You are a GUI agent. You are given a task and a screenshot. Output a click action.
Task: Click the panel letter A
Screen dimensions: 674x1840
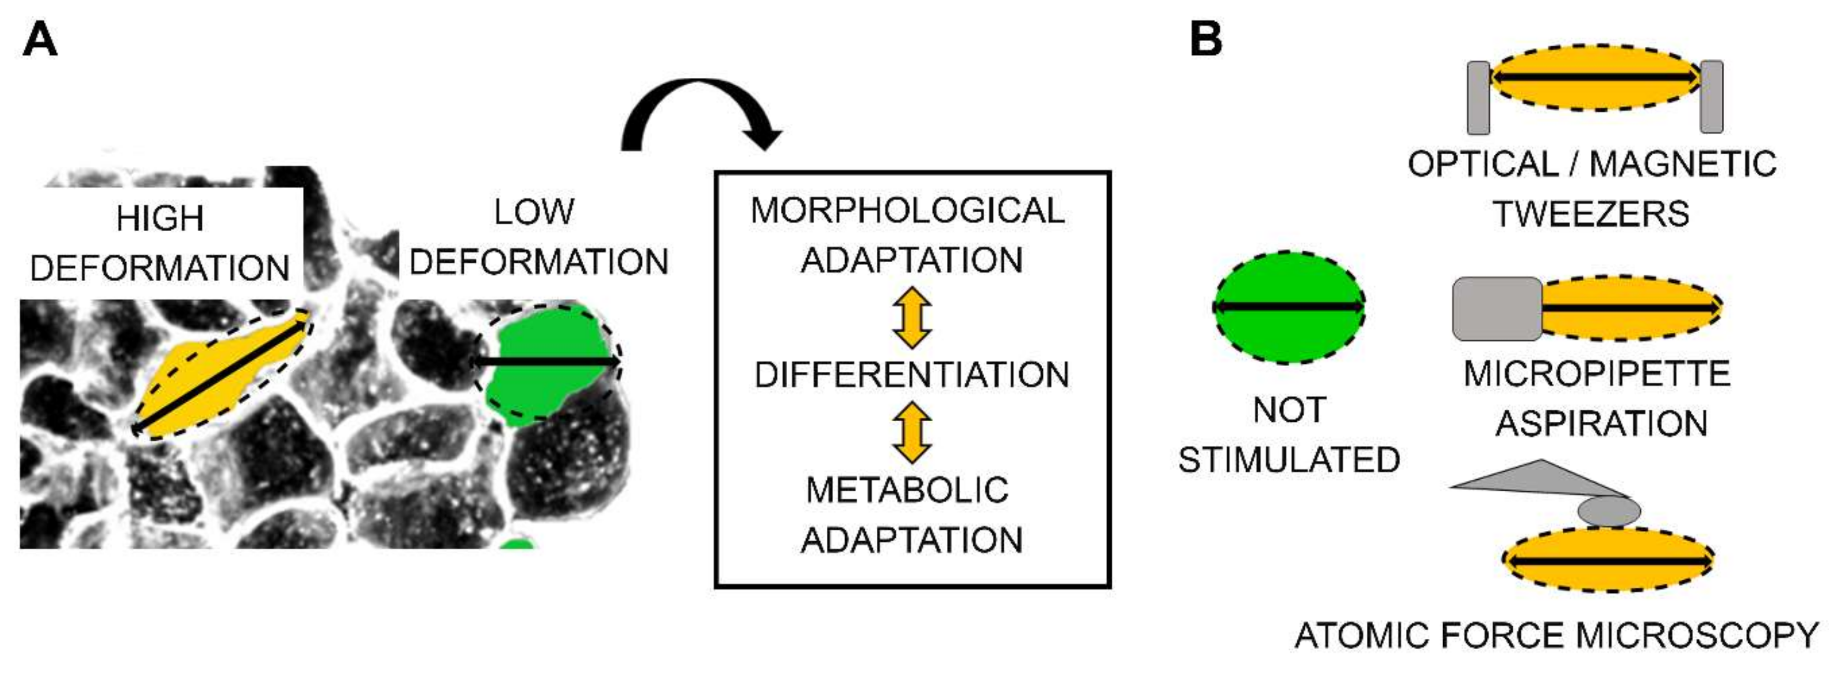[x=40, y=40]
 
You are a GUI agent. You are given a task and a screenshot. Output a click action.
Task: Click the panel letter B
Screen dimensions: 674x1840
[x=1206, y=40]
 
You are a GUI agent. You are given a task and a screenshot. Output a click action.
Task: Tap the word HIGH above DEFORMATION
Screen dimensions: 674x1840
[x=160, y=219]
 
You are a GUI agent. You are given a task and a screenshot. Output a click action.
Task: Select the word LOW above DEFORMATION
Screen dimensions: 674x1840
[x=534, y=212]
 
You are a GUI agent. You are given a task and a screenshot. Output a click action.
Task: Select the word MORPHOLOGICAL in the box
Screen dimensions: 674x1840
[x=907, y=211]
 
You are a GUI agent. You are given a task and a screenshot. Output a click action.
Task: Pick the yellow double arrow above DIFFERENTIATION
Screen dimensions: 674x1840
[x=912, y=318]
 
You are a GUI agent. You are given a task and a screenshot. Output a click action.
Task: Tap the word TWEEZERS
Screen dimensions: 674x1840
[x=1591, y=214]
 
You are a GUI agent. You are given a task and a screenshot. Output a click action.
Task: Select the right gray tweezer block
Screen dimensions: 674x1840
[x=1711, y=96]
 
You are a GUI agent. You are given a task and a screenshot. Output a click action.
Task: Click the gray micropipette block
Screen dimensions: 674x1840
[x=1497, y=309]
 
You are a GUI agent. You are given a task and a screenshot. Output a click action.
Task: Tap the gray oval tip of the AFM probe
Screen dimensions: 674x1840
[x=1609, y=511]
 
